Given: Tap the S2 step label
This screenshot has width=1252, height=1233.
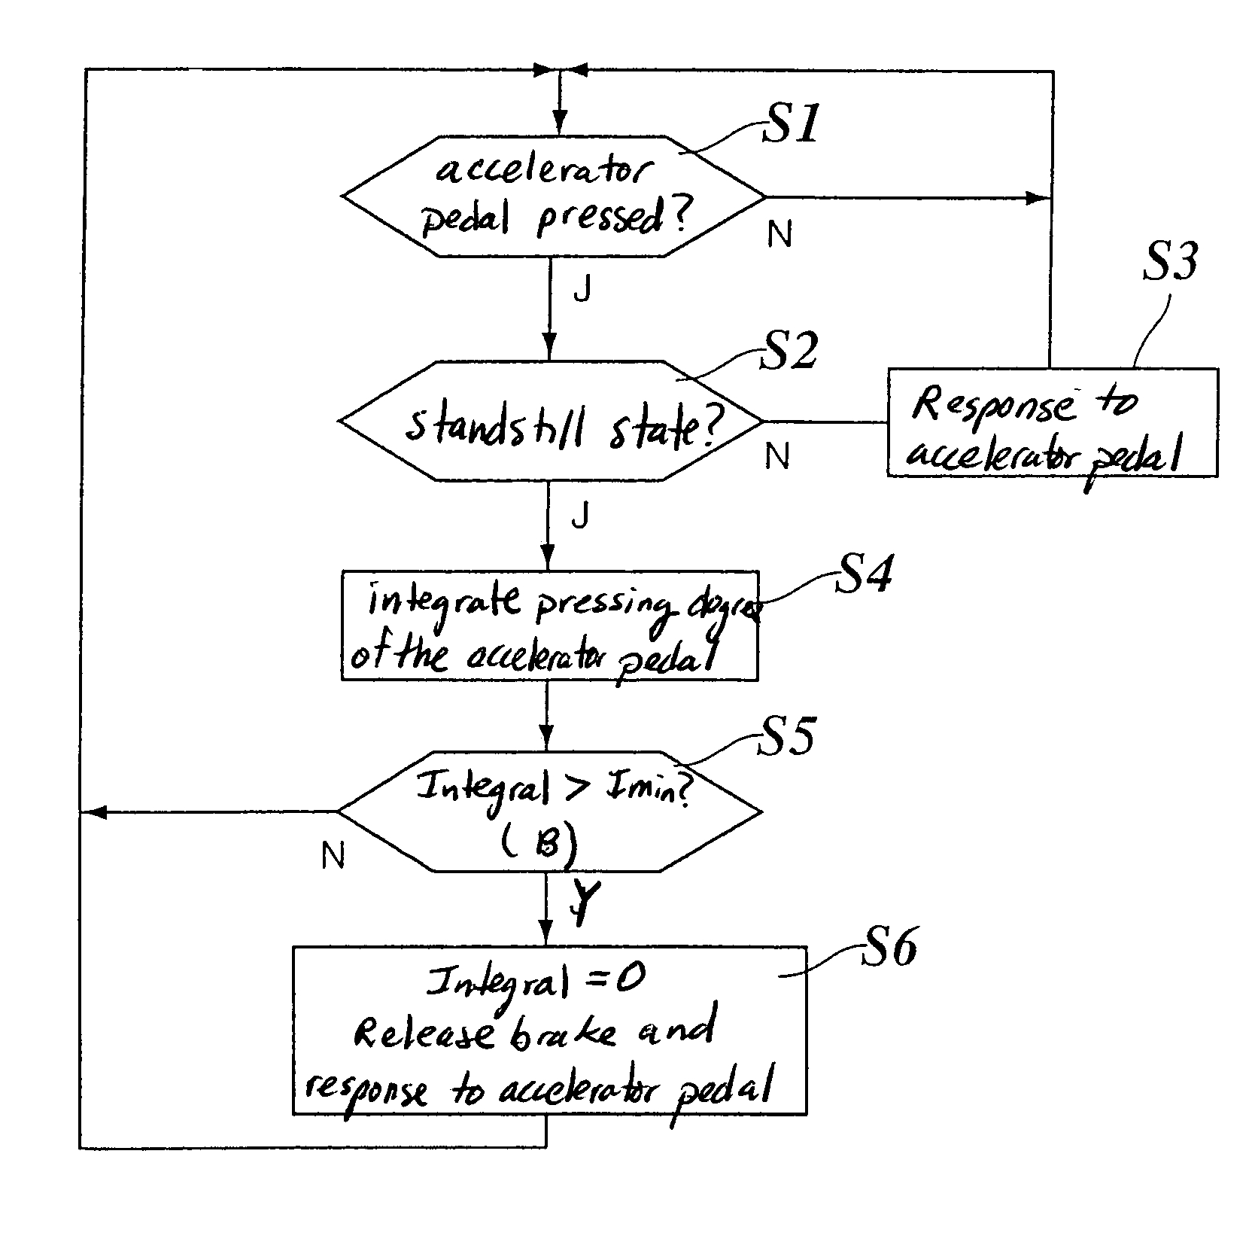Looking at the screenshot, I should pos(788,352).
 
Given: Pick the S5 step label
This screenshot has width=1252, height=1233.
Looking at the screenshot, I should pos(785,735).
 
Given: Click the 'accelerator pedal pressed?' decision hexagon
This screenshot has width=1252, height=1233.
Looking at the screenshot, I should pos(553,196).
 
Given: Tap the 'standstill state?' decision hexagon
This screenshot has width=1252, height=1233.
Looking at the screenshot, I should pos(551,421).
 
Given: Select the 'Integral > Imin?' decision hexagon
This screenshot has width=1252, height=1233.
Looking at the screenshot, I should pos(549,811).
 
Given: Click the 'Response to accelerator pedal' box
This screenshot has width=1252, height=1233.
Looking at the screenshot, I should pos(1051,422).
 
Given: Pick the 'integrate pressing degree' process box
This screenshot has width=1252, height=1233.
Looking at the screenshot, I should pos(549,626).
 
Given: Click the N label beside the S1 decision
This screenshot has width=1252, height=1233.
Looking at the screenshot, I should pos(779,236).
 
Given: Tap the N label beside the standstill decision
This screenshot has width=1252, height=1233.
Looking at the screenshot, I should pos(777,455).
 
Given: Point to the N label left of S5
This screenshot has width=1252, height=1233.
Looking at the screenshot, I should pos(333,856).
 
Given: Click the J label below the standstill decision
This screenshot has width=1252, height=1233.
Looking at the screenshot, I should pos(579,516).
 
